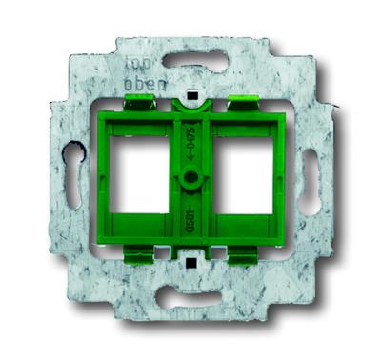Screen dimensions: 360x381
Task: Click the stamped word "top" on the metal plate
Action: pyautogui.click(x=136, y=69)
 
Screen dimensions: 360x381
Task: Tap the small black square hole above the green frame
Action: pyautogui.click(x=192, y=98)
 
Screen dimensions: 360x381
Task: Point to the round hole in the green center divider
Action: pyautogui.click(x=191, y=178)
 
